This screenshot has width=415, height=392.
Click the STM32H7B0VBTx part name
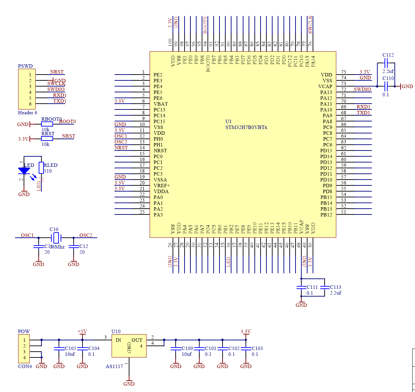coord(246,127)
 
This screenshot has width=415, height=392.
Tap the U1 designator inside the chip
coord(228,121)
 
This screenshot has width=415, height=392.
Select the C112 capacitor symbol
coord(386,63)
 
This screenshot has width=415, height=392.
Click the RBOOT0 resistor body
coord(47,124)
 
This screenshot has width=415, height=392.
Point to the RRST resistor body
coord(47,139)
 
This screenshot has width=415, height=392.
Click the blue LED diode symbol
coord(24,171)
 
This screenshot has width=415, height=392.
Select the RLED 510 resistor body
coord(41,168)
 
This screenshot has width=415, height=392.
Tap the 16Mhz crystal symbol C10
coord(55,237)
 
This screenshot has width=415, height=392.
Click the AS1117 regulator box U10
coord(129,346)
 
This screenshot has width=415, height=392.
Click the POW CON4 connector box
coord(24,349)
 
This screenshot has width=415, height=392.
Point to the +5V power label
coord(82,331)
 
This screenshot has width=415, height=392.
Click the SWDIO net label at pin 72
coord(362,89)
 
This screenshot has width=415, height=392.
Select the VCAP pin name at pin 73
coord(325,87)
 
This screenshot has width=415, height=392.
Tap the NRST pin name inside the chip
coord(160,151)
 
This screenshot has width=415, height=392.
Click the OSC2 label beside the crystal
coord(86,235)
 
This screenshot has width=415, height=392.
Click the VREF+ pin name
coord(162,185)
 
